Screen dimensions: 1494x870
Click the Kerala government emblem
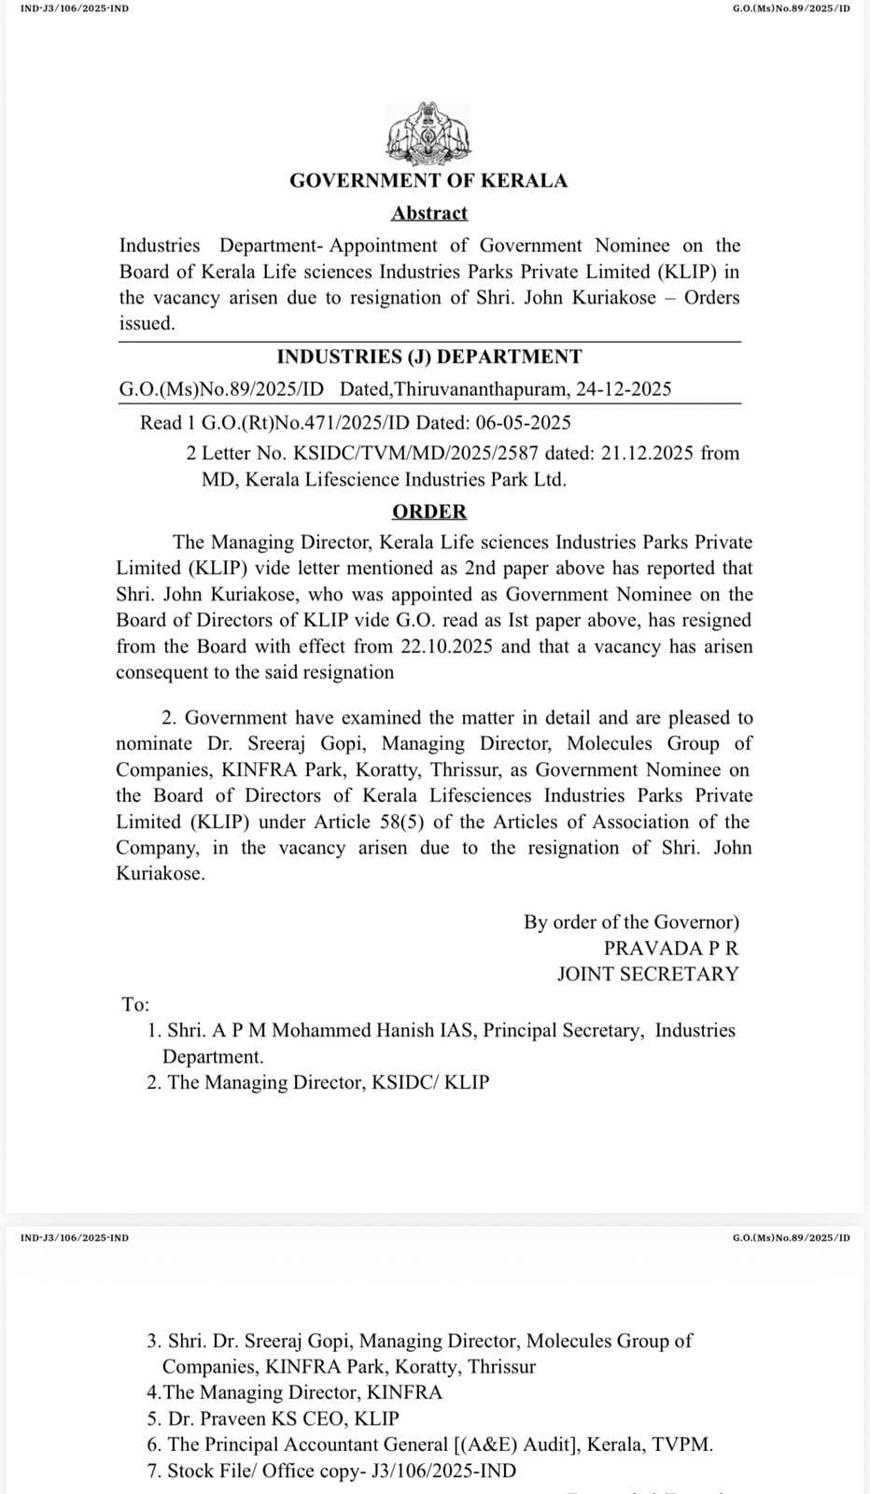pos(428,134)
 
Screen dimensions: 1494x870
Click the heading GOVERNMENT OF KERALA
pos(428,181)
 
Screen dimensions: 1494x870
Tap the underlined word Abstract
pos(429,214)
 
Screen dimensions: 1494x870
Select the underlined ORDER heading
pos(429,512)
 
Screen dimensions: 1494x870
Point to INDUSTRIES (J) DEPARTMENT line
pos(429,357)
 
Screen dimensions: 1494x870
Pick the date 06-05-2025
pos(526,423)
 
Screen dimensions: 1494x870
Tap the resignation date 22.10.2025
pos(448,646)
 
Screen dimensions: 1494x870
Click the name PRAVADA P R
pos(671,948)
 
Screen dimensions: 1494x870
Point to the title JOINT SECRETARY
pos(648,974)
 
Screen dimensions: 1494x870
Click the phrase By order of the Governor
pos(631,922)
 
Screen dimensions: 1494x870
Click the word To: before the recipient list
pos(135,1005)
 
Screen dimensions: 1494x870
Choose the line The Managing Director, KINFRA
pos(295,1392)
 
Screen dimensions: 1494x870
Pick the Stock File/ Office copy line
pos(331,1471)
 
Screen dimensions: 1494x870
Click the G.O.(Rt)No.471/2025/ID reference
pos(289,423)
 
